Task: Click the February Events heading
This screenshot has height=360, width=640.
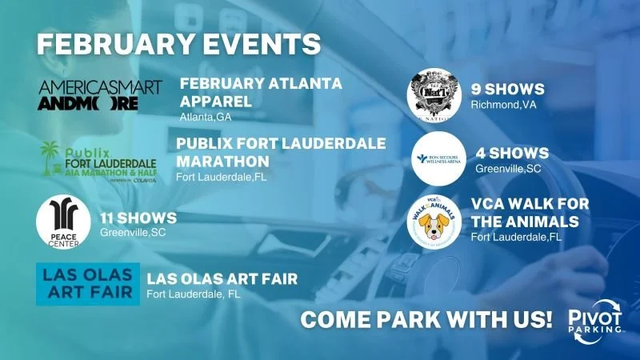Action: click(x=178, y=43)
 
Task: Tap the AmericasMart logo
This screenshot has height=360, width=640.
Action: click(x=100, y=95)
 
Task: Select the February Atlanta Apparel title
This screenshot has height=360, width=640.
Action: click(x=261, y=93)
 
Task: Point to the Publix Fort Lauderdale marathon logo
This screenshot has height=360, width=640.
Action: click(x=98, y=161)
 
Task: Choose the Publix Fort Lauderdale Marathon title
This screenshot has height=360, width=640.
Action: click(x=281, y=151)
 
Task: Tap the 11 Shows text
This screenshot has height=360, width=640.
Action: click(x=138, y=218)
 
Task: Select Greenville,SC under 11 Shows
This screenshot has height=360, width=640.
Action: click(x=134, y=233)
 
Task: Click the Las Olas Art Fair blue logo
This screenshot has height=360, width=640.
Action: click(x=87, y=283)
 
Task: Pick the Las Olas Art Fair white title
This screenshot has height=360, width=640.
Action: click(x=222, y=278)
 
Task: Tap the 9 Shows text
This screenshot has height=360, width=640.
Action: click(x=508, y=89)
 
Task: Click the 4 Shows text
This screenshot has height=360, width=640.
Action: click(x=512, y=152)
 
